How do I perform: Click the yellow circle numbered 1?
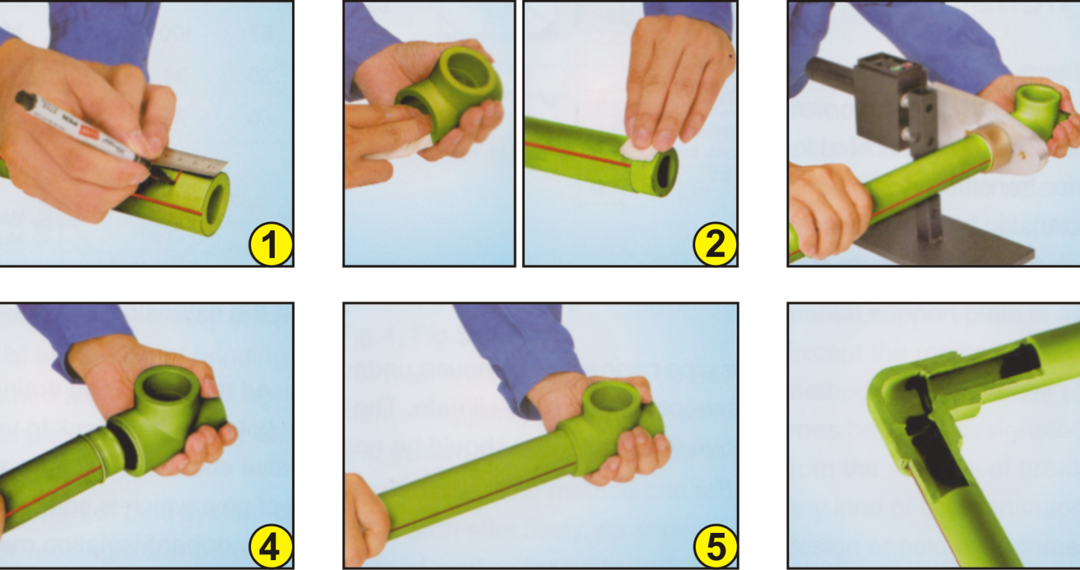tap(270, 244)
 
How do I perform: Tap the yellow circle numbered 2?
tap(715, 244)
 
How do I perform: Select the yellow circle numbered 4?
tap(270, 547)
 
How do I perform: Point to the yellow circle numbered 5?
tap(716, 547)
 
